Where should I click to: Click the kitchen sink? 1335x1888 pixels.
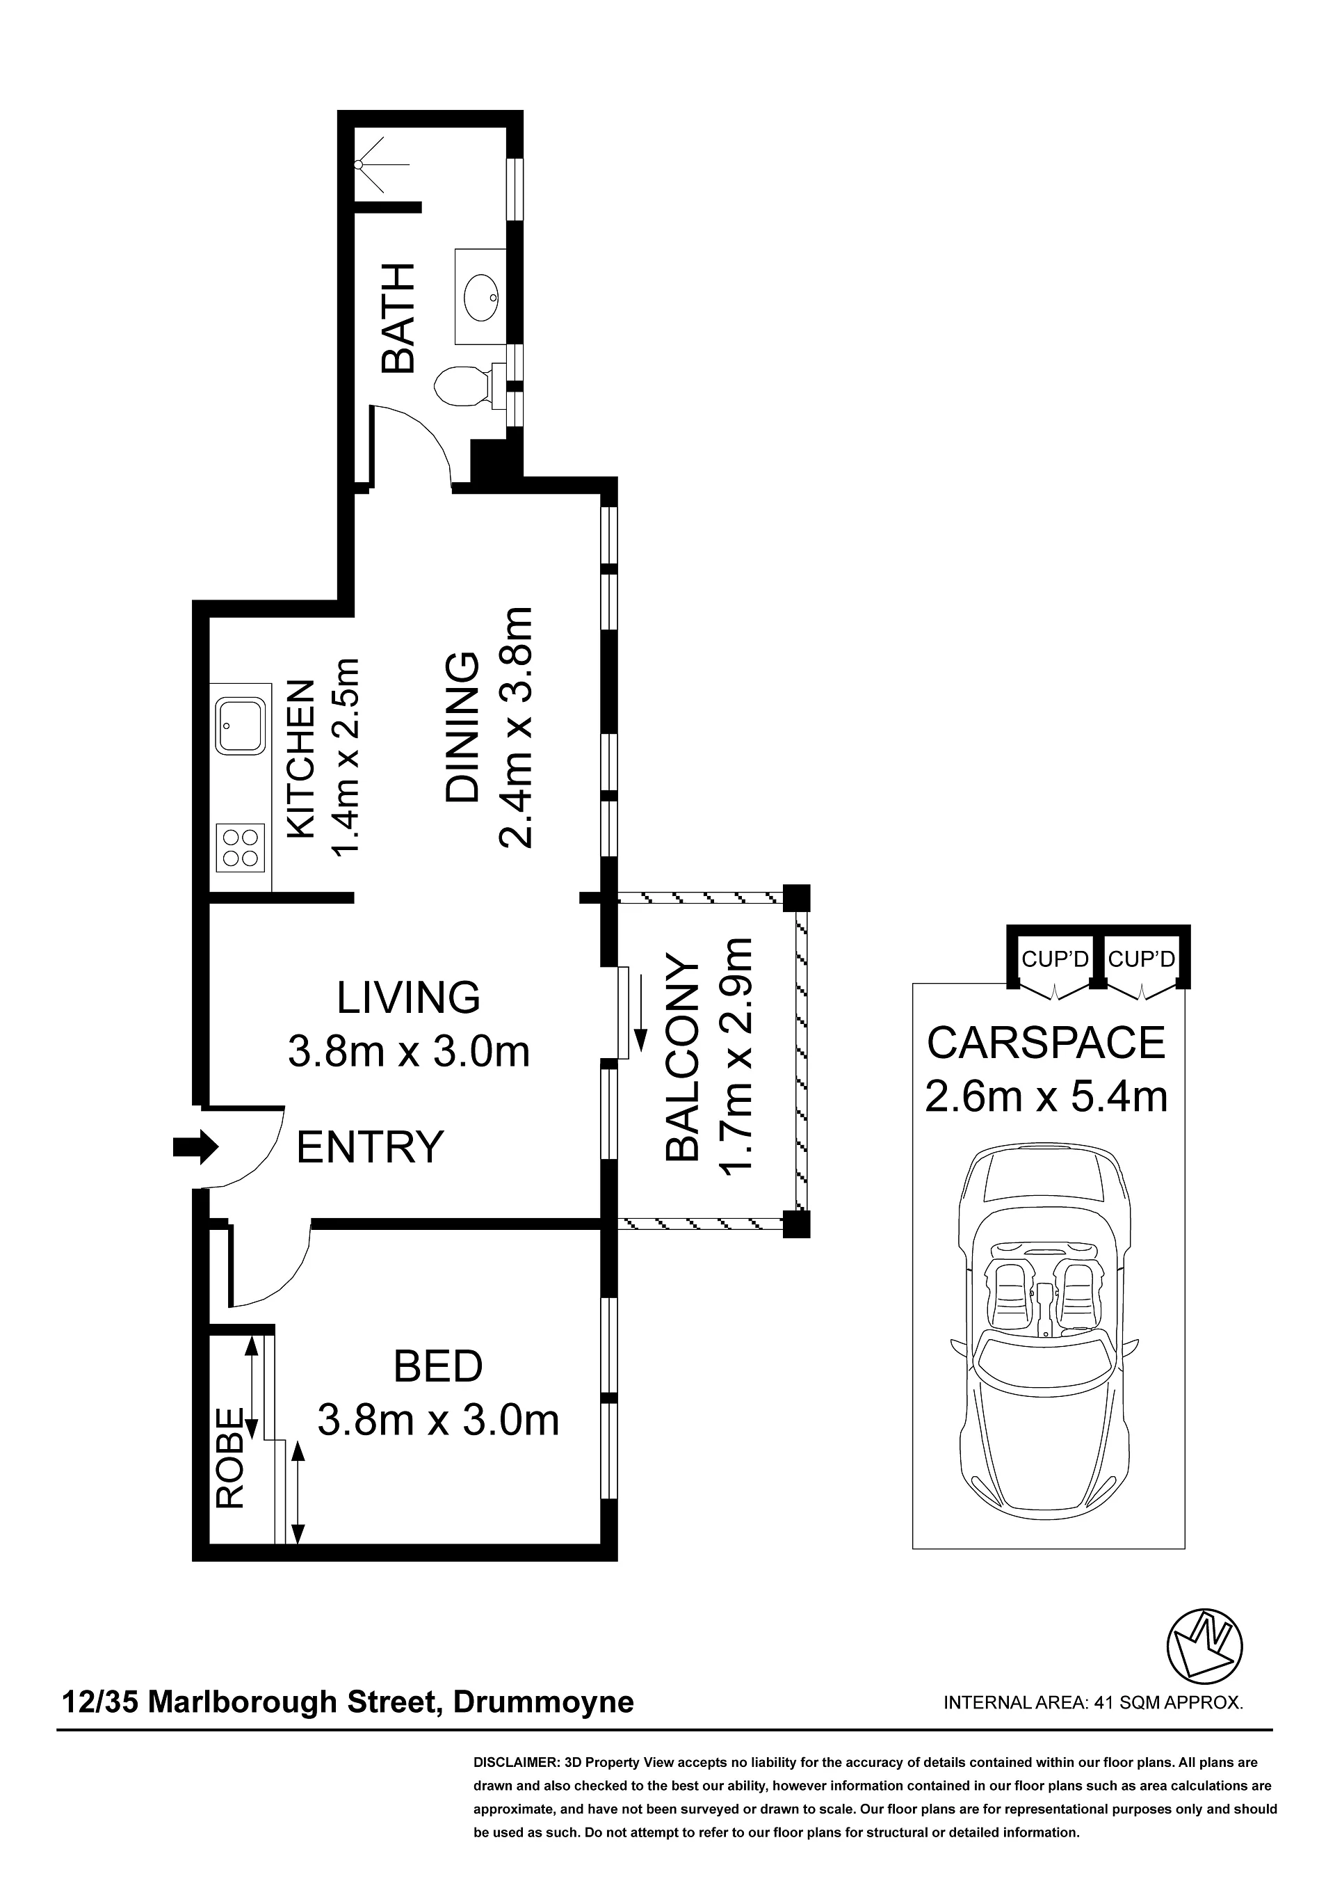click(240, 726)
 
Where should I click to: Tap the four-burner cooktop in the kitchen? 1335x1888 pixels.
click(240, 848)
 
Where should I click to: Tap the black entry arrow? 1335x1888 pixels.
click(195, 1146)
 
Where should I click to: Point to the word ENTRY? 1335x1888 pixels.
click(369, 1147)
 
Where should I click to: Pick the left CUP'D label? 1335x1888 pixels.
click(1055, 959)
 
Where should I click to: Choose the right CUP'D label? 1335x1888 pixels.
click(1141, 959)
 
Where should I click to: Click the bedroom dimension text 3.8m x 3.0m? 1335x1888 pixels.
click(438, 1419)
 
